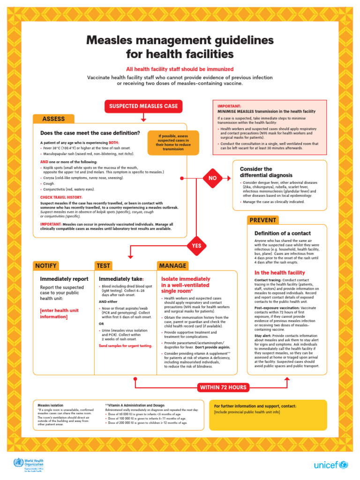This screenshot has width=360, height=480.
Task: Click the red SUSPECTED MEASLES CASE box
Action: [143, 106]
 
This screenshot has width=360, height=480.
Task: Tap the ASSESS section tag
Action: [53, 119]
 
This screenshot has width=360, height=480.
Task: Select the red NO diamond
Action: [212, 178]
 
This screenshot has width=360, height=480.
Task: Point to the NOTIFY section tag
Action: [46, 266]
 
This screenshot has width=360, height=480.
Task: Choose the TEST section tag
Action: [104, 266]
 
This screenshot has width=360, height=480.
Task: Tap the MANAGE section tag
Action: [172, 266]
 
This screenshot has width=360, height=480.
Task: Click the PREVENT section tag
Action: [262, 220]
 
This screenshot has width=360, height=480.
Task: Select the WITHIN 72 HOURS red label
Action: [223, 387]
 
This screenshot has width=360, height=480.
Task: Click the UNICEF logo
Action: [330, 465]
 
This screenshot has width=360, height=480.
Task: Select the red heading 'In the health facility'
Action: [279, 273]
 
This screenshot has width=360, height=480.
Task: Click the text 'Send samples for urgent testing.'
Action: [125, 345]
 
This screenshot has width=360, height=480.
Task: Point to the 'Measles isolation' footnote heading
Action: [50, 405]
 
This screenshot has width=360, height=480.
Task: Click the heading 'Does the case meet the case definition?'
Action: [90, 133]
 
